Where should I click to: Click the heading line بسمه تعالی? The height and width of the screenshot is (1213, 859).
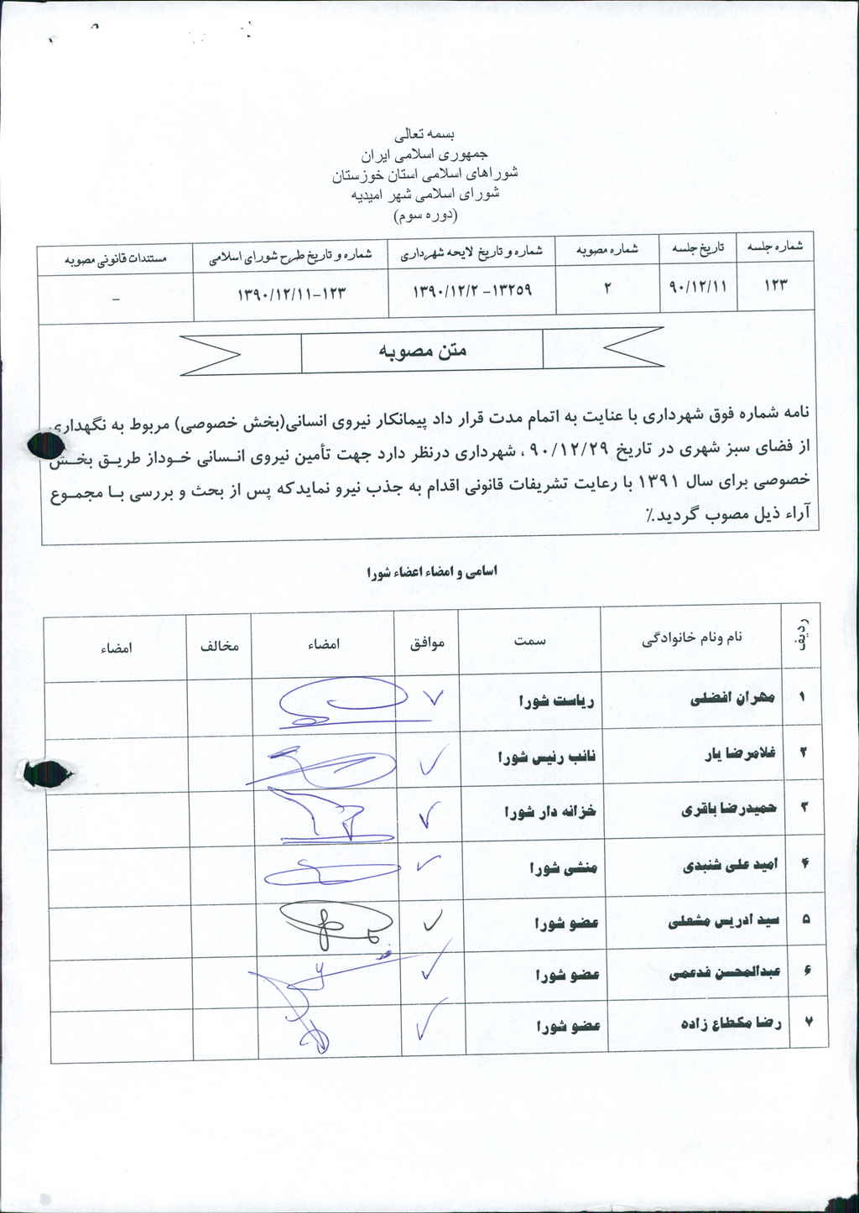pyautogui.click(x=428, y=133)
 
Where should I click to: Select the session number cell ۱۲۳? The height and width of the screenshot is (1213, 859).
pyautogui.click(x=775, y=285)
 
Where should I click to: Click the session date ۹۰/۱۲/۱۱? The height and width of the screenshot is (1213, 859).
pyautogui.click(x=697, y=285)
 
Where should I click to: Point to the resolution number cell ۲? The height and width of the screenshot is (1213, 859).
pyautogui.click(x=607, y=287)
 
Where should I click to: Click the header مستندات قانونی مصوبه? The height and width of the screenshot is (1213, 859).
pyautogui.click(x=116, y=258)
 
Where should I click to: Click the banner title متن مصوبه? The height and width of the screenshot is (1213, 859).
pyautogui.click(x=422, y=351)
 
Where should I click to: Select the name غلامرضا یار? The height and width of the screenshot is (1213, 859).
pyautogui.click(x=740, y=753)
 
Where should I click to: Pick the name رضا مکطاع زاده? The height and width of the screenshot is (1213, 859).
pyautogui.click(x=731, y=1023)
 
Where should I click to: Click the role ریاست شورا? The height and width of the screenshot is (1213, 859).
pyautogui.click(x=556, y=700)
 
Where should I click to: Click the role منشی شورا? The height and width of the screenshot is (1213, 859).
pyautogui.click(x=563, y=868)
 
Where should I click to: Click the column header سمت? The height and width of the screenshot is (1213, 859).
pyautogui.click(x=530, y=639)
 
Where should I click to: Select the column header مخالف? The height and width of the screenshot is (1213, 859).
pyautogui.click(x=219, y=646)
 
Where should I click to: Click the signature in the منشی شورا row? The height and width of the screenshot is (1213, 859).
pyautogui.click(x=324, y=872)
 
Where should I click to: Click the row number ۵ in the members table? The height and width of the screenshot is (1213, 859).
pyautogui.click(x=805, y=919)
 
